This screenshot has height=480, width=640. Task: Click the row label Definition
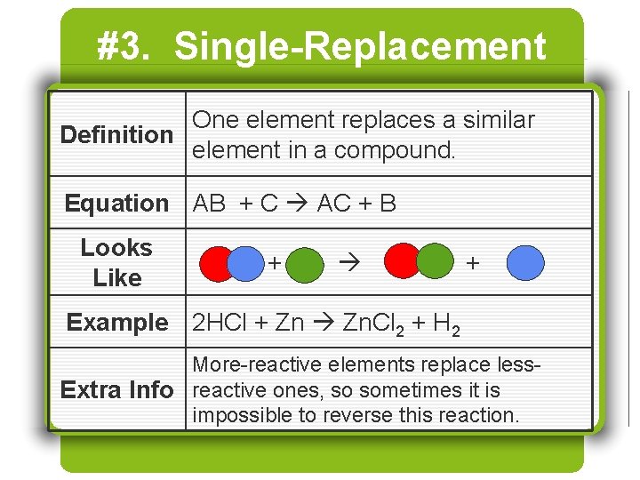(116, 135)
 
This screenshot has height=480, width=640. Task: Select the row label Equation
(116, 204)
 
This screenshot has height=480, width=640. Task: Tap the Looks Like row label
(116, 263)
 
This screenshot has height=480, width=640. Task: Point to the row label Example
(116, 323)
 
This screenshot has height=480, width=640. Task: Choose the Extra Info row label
(116, 390)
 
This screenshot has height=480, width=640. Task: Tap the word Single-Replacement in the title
(360, 47)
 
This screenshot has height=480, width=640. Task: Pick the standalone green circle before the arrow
(306, 264)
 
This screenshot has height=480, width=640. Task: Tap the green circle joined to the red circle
(435, 261)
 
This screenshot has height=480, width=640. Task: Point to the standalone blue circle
(525, 263)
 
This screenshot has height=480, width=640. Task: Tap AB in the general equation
(210, 204)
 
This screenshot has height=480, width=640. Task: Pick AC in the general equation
(334, 204)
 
